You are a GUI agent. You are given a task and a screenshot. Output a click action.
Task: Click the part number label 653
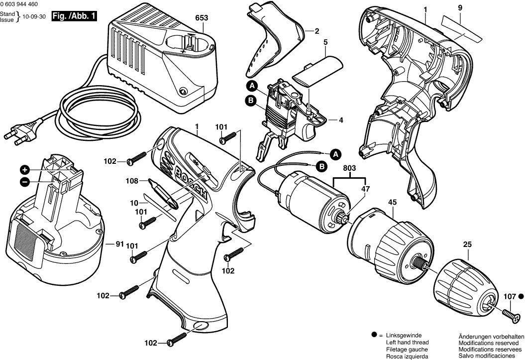tap(202, 17)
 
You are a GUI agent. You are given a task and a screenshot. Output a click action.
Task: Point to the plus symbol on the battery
tap(24, 169)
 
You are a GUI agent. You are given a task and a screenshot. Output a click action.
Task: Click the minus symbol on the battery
tap(24, 182)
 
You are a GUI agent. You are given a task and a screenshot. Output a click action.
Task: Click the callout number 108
tap(132, 181)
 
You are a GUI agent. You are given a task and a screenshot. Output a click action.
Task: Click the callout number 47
tap(366, 189)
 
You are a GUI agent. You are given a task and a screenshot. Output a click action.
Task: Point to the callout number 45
tap(392, 202)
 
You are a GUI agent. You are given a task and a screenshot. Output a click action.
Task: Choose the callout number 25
tap(467, 244)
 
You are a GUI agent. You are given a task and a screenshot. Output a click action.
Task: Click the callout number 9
tap(460, 7)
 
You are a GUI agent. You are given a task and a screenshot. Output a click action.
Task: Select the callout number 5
tap(325, 43)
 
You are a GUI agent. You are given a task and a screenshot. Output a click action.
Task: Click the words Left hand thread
tap(407, 343)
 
